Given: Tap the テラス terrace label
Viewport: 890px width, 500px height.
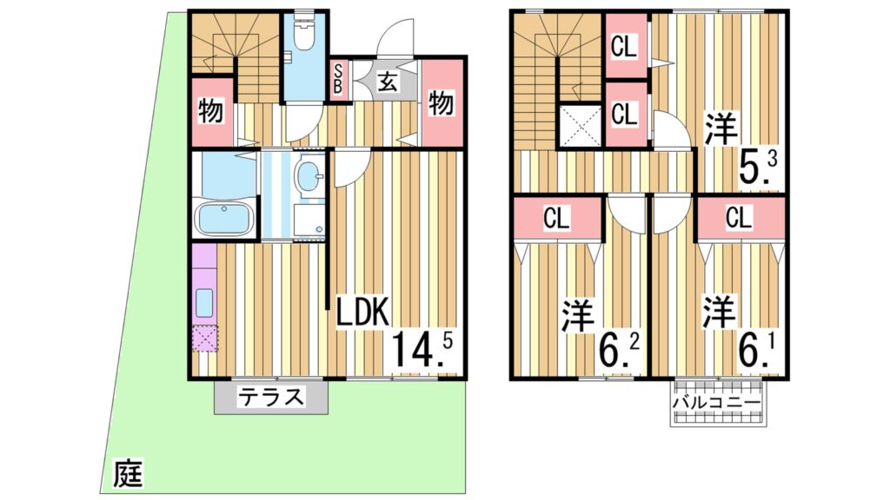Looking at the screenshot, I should [x=271, y=398].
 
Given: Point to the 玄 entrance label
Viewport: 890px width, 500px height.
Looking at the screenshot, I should [x=388, y=83].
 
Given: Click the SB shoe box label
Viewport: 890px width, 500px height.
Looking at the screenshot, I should [x=338, y=81].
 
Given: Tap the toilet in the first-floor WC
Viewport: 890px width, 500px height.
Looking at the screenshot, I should [x=305, y=35].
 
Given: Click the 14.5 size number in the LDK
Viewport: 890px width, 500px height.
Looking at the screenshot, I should [x=422, y=347].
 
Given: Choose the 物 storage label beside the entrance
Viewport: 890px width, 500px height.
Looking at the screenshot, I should [x=442, y=103].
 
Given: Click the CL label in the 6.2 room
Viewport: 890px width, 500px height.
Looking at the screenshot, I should [x=556, y=220].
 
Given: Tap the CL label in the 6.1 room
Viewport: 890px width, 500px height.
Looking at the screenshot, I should [x=739, y=220].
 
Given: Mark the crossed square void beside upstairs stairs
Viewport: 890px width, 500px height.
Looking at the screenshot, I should [x=579, y=126].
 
